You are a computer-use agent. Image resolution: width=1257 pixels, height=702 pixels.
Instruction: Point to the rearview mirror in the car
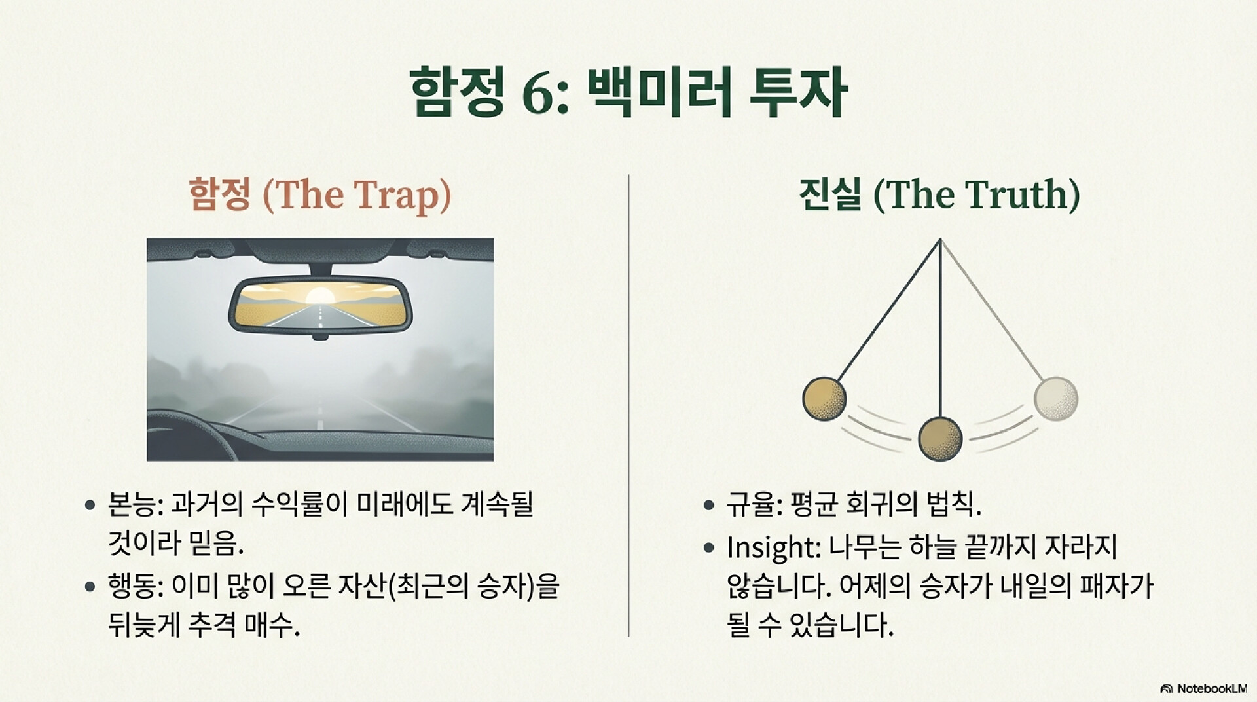pyautogui.click(x=320, y=306)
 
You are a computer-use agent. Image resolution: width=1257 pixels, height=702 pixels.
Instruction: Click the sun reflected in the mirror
pyautogui.click(x=320, y=295)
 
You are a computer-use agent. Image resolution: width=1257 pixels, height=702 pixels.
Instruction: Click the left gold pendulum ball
pyautogui.click(x=824, y=399)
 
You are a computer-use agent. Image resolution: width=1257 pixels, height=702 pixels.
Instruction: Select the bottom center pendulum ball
pyautogui.click(x=940, y=439)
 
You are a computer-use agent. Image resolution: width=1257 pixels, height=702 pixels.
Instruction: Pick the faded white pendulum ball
pyautogui.click(x=1055, y=398)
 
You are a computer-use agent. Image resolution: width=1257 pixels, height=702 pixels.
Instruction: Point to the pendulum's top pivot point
pyautogui.click(x=940, y=241)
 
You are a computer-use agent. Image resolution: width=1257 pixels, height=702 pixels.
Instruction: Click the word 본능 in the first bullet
pyautogui.click(x=132, y=504)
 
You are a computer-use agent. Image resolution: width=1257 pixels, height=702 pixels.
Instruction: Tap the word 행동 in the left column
pyautogui.click(x=132, y=586)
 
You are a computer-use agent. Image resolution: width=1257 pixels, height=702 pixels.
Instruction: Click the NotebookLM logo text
pyautogui.click(x=1212, y=688)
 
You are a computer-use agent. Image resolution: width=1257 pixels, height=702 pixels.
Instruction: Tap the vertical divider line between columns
pyautogui.click(x=628, y=405)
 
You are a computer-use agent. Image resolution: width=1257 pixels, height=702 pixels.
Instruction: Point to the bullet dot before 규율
pyautogui.click(x=708, y=506)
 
